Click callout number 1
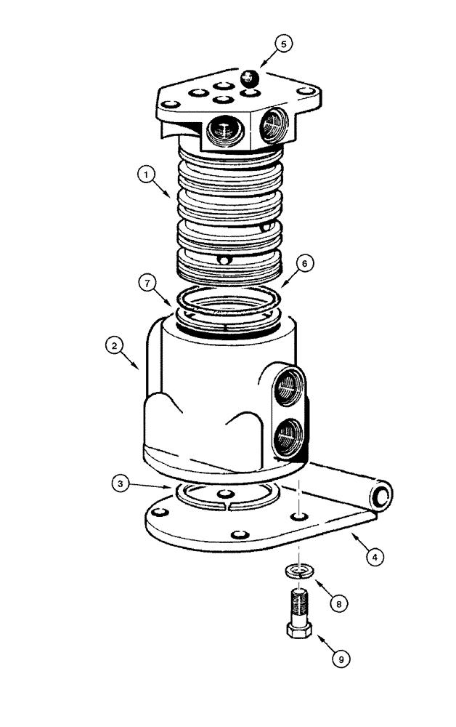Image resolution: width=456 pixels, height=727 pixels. coord(147,174)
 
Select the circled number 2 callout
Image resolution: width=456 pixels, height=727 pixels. coord(113,346)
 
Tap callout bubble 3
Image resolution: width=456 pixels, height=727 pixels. coord(121,482)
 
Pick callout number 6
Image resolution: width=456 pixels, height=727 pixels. coord(306,263)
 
